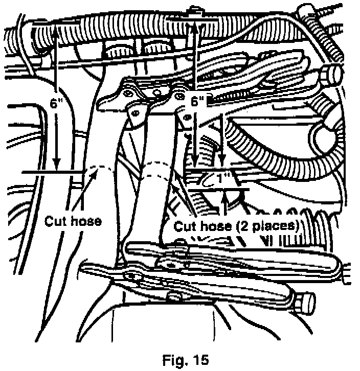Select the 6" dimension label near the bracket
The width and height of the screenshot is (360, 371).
(196, 101)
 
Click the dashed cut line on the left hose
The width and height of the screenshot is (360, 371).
(102, 167)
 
